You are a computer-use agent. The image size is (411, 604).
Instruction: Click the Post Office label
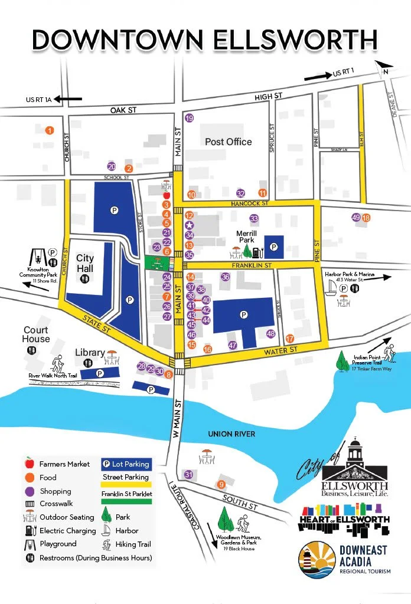click(x=228, y=142)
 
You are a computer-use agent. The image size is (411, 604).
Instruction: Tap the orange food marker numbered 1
click(x=50, y=130)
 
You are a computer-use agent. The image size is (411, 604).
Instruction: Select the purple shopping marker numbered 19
click(x=189, y=119)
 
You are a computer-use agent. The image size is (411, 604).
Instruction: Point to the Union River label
click(x=231, y=434)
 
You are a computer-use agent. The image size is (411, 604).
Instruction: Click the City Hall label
click(x=85, y=264)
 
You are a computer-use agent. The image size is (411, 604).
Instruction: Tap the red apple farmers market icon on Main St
click(x=167, y=194)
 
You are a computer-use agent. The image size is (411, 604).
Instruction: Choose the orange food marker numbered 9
click(x=221, y=484)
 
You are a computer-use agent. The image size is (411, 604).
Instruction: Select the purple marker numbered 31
click(x=189, y=475)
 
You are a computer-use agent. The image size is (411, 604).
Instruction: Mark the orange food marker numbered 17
click(x=289, y=339)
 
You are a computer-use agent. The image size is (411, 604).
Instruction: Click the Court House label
click(x=36, y=334)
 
